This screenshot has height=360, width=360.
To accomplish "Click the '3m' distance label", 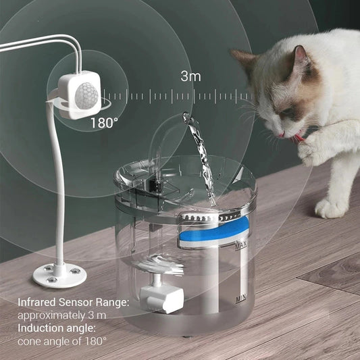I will click(190, 76).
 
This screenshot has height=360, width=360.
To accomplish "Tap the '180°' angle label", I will click(105, 123).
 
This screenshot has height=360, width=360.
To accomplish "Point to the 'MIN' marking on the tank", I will click(240, 297).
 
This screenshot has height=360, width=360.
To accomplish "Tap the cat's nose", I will click(279, 134).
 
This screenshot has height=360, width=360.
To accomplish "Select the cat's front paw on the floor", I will click(332, 207).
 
